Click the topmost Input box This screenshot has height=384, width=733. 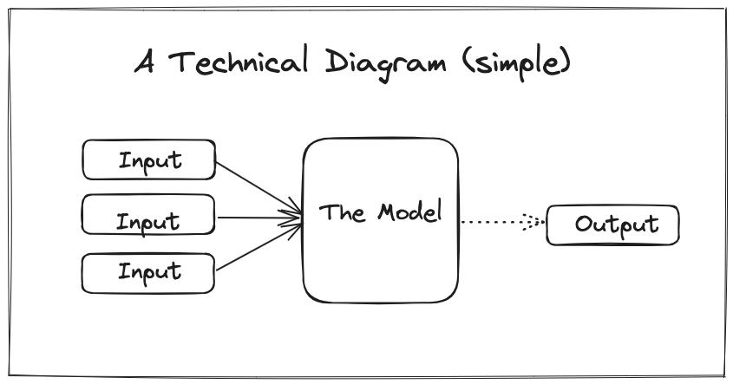pos(147,159)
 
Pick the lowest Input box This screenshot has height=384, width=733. pos(147,272)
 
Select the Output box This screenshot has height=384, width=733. pos(612,225)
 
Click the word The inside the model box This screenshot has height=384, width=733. pos(339,212)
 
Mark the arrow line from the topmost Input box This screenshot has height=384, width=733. pos(256,186)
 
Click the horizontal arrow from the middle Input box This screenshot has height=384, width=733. pos(256,218)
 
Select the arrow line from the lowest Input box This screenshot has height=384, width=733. pos(256,245)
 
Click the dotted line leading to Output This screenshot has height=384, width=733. pos(490,222)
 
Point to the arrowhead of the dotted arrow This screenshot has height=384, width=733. pos(536,223)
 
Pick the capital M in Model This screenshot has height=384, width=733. pos(387,212)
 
